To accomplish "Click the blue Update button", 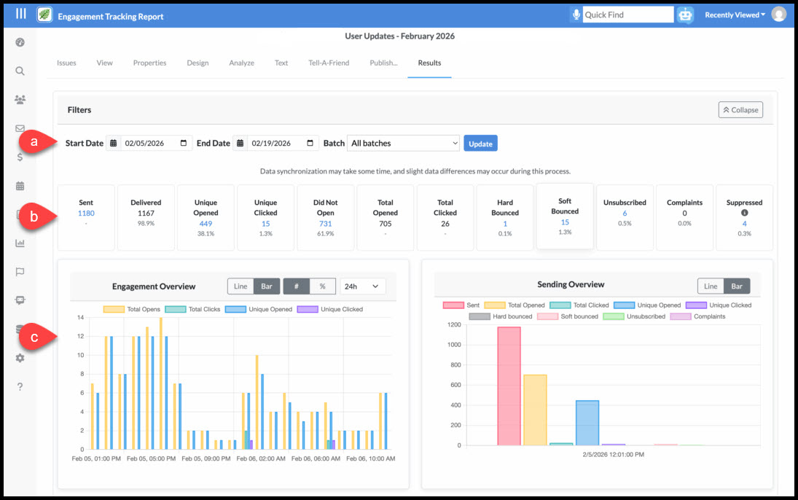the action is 480,144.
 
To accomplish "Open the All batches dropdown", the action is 403,143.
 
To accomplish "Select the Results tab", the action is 429,63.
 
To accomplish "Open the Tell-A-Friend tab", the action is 329,63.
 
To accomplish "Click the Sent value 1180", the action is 86,214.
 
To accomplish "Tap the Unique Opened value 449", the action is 206,224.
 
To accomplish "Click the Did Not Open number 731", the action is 325,224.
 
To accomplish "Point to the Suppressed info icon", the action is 744,213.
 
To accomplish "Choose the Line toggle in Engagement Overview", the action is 240,286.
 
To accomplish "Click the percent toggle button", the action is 322,286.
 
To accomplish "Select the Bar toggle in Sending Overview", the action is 737,286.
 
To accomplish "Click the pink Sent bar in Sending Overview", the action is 509,386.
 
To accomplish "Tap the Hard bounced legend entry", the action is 501,317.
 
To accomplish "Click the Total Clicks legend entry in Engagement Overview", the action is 193,309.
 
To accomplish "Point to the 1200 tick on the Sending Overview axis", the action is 454,324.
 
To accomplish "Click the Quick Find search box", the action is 627,15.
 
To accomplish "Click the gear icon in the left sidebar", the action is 20,358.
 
